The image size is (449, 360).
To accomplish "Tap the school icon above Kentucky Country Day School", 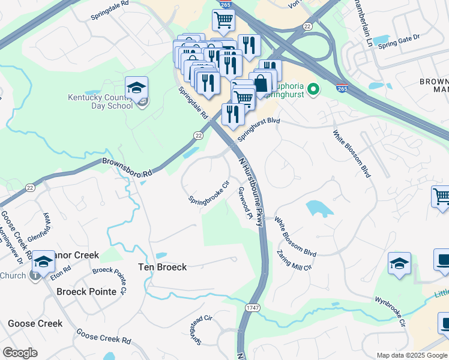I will point(137,88).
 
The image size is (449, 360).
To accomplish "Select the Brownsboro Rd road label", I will point(127,167).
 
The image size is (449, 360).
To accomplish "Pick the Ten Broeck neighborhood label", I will point(162,267).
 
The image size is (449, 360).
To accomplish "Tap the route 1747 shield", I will point(252,307).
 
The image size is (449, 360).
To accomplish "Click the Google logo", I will point(20,353).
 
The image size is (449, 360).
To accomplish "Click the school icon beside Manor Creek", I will point(43,262).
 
